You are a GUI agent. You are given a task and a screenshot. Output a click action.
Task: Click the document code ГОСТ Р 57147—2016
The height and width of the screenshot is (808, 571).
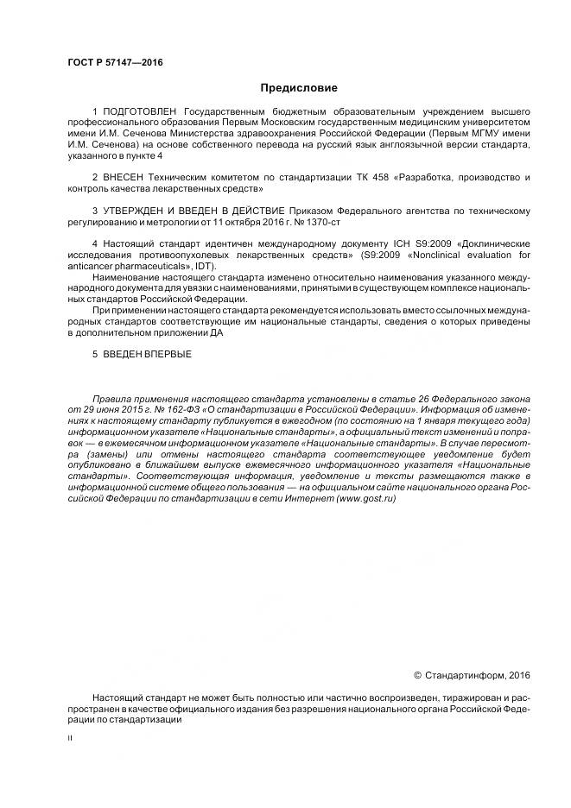(115, 63)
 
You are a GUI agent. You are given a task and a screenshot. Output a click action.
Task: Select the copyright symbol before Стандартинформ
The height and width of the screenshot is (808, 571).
(419, 674)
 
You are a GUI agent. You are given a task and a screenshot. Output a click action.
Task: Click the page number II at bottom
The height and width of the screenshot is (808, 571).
(70, 739)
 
